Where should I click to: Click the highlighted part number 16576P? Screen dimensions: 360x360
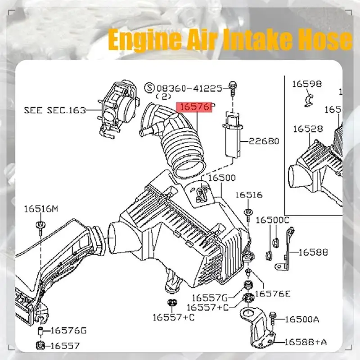click(195, 108)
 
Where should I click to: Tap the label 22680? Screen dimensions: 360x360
click(261, 141)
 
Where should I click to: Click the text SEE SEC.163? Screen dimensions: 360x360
click(54, 110)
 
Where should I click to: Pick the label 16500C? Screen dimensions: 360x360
click(272, 220)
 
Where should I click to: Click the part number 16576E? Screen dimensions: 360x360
click(273, 294)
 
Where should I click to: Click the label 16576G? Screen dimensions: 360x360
click(68, 331)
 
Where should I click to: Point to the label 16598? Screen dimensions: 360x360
click(306, 83)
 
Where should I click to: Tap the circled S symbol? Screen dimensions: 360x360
click(150, 88)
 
